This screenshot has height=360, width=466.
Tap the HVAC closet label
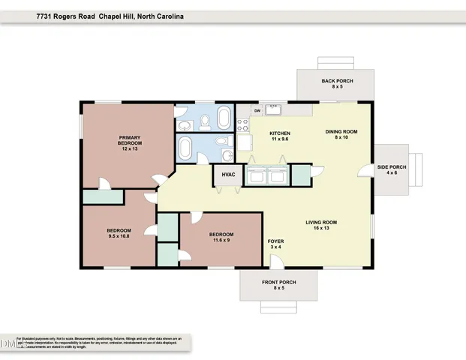pos(229,175)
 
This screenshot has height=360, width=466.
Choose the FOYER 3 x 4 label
pos(275,244)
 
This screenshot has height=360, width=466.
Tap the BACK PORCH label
pos(337,83)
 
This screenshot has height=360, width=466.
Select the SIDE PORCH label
pos(391,169)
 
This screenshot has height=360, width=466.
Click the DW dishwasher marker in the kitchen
pos(257,111)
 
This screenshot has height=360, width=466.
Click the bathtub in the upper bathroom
pos(224,118)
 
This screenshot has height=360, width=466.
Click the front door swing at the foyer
pos(276,260)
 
